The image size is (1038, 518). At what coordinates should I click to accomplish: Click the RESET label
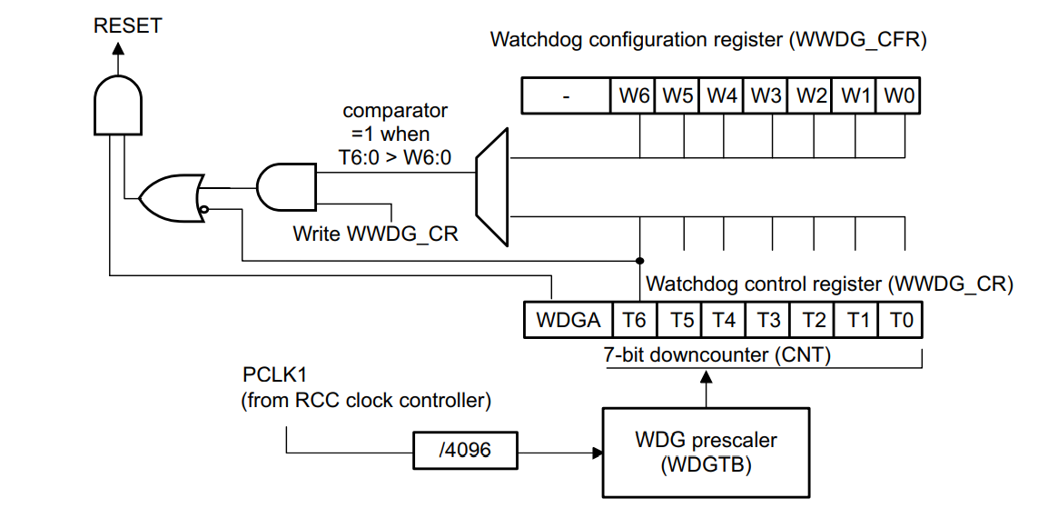127,26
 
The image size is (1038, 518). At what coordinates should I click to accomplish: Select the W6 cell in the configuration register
634,95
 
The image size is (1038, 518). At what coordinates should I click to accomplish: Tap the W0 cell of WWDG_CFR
898,95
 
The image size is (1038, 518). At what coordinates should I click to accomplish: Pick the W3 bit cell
766,95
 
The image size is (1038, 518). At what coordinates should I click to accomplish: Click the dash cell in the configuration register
566,95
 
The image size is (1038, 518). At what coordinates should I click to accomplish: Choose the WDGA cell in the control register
568,320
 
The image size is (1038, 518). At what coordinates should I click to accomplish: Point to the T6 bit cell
635,320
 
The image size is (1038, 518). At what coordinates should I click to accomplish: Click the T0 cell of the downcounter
901,320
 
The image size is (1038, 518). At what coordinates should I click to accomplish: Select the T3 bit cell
768,320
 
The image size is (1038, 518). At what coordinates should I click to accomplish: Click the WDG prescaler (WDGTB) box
706,452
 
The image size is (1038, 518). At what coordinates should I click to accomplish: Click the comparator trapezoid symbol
493,187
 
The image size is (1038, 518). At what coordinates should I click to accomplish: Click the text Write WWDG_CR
375,234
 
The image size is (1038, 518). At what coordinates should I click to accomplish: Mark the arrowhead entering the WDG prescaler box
598,451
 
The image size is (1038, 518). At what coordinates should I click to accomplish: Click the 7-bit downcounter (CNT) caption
717,355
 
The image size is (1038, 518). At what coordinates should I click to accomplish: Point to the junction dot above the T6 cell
640,260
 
